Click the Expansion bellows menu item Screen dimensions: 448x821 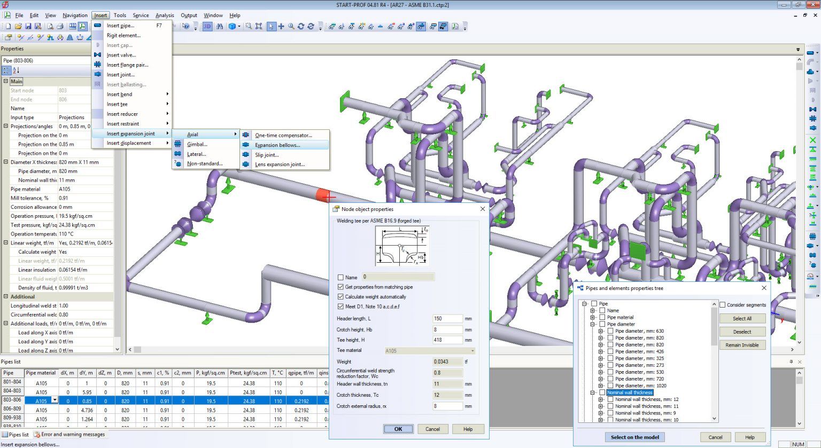277,145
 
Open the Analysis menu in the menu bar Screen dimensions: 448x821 165,15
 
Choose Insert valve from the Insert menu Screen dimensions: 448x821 121,55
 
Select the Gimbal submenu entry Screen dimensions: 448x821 197,144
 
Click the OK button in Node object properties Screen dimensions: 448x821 398,429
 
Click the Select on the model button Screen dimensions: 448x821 634,437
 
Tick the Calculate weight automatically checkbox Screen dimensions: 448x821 340,297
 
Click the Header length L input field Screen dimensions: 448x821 447,318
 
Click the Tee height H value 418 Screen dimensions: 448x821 447,340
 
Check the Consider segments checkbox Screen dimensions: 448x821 723,305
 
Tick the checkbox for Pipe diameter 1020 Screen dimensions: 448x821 610,386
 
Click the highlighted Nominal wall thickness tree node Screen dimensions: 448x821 629,392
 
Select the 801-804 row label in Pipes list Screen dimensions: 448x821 12,382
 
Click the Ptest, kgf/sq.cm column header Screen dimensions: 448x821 248,373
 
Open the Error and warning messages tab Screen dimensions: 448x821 73,435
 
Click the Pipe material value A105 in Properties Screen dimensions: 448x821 65,189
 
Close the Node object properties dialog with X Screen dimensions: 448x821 482,209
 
